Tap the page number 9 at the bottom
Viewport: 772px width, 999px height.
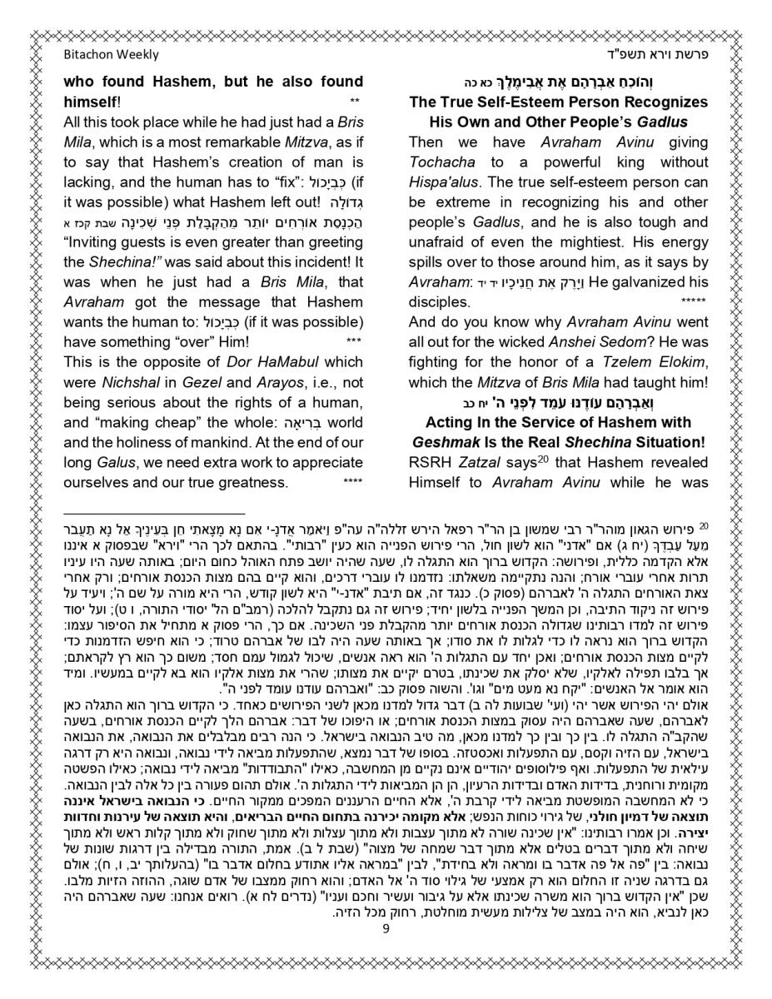[386, 953]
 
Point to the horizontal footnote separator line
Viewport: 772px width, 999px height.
[154, 514]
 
